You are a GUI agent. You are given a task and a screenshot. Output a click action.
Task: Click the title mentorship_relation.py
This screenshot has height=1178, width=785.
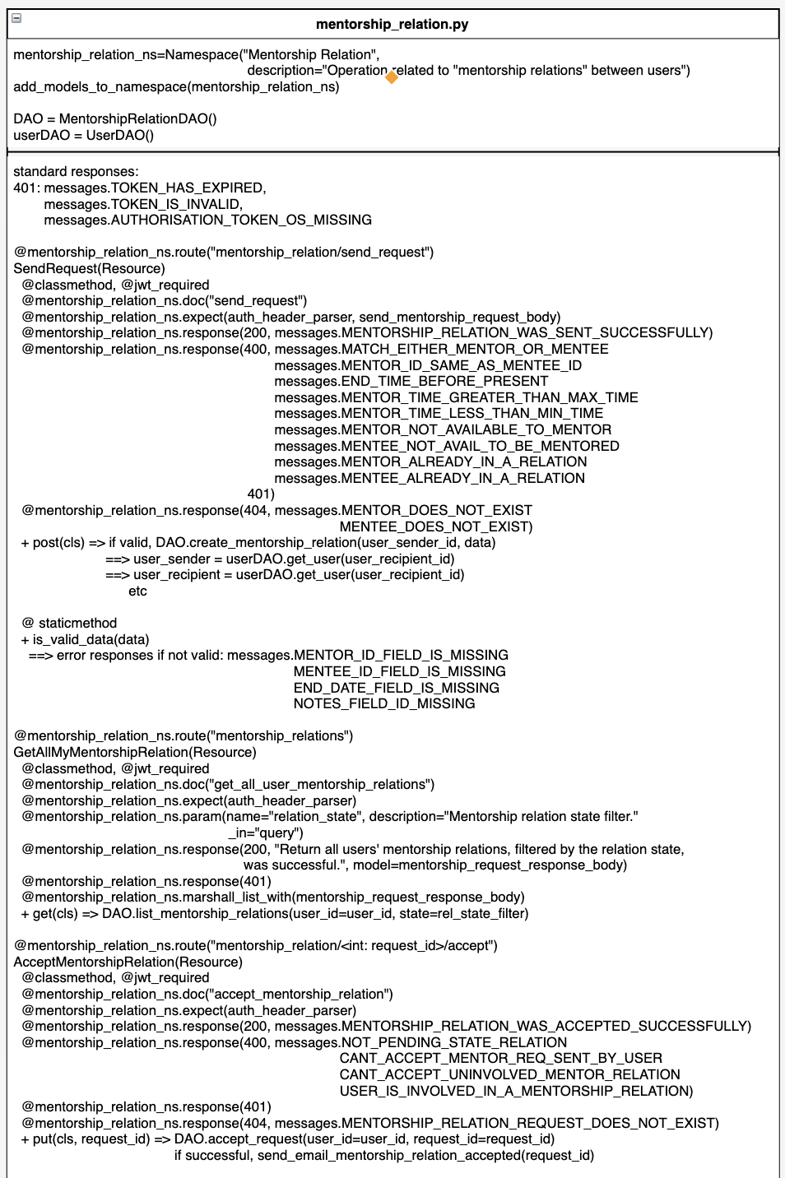coord(392,24)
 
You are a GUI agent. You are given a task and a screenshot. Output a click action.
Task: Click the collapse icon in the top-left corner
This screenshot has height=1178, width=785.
coord(16,18)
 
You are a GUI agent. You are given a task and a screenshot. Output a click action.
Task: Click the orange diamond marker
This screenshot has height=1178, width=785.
coord(392,77)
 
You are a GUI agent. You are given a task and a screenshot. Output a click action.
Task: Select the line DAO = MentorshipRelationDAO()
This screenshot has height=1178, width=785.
coord(115,118)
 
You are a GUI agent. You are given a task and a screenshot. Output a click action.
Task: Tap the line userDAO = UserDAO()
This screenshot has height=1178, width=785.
coord(83,135)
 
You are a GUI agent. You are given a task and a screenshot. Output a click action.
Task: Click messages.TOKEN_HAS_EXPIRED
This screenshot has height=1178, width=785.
coord(155,188)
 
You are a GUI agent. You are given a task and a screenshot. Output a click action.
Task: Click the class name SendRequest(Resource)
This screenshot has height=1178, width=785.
coord(89,268)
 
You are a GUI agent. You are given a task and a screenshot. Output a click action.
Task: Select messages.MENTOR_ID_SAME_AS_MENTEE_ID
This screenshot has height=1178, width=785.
coord(428,365)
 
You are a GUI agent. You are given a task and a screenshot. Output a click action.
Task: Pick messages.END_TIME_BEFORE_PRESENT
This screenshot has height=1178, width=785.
coord(411,381)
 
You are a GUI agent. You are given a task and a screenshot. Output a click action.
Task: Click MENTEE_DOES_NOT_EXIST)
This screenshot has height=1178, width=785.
coord(436,526)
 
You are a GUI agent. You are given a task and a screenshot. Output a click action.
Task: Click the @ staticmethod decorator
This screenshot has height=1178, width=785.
coord(70,623)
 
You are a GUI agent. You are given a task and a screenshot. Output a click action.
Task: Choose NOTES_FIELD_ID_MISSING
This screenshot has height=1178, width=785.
coord(384,703)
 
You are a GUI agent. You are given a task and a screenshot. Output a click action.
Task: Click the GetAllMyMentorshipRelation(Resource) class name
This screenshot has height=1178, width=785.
coord(135,752)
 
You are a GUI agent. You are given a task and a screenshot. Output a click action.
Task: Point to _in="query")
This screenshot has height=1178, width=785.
coord(266,832)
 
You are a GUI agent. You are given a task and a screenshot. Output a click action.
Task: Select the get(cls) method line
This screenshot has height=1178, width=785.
coord(275,913)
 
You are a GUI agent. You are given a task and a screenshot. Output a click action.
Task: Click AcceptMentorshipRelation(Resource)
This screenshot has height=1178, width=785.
coord(128,962)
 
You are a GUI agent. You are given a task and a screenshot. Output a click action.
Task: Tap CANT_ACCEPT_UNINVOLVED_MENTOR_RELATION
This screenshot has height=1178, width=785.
coord(509,1074)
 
